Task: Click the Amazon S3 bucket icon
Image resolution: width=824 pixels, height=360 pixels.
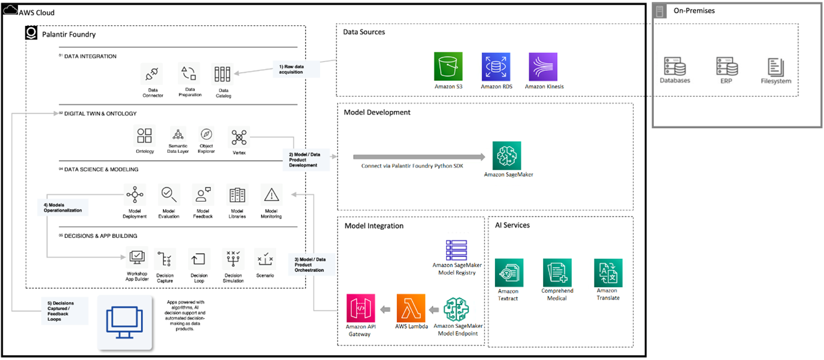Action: [x=448, y=67]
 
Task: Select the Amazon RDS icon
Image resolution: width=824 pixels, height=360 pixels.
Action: [x=496, y=67]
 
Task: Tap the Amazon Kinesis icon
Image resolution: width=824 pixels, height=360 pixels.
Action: [x=543, y=67]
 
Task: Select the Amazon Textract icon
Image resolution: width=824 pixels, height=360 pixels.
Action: [x=508, y=273]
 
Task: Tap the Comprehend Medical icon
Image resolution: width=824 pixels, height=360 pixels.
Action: [x=557, y=273]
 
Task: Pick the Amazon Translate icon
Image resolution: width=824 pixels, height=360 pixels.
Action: [x=608, y=273]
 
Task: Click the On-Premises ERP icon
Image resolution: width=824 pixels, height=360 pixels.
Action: [x=727, y=66]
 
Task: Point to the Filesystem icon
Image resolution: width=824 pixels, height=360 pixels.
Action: [x=775, y=67]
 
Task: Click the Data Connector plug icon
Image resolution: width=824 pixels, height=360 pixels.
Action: [x=152, y=74]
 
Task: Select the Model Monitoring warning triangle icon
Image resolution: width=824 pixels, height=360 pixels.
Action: [x=271, y=195]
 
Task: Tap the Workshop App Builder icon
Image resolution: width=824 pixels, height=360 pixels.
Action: [x=137, y=258]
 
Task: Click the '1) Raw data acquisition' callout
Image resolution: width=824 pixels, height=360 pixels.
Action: [x=296, y=68]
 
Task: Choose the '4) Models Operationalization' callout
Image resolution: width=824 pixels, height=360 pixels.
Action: [x=62, y=207]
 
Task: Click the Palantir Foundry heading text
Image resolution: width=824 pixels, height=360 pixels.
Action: [x=69, y=35]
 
